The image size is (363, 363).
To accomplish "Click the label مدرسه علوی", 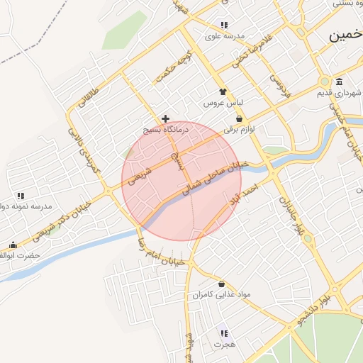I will pos(225,35).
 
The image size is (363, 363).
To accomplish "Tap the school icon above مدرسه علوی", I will pos(225,25).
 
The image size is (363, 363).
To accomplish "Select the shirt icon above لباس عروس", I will pos(223,91).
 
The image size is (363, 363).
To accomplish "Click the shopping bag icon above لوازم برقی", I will pos(239,118).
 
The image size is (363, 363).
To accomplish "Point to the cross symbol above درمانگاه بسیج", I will pos(165,118).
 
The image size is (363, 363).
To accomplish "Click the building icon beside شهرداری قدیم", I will pos(340,81).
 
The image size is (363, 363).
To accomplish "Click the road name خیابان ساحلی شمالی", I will pos(213,177).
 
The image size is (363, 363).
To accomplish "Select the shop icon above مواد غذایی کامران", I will pos(221,284).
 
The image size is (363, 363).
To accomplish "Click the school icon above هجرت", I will pos(224,333).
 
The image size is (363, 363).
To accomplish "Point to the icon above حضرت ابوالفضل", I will pos(13,245).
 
